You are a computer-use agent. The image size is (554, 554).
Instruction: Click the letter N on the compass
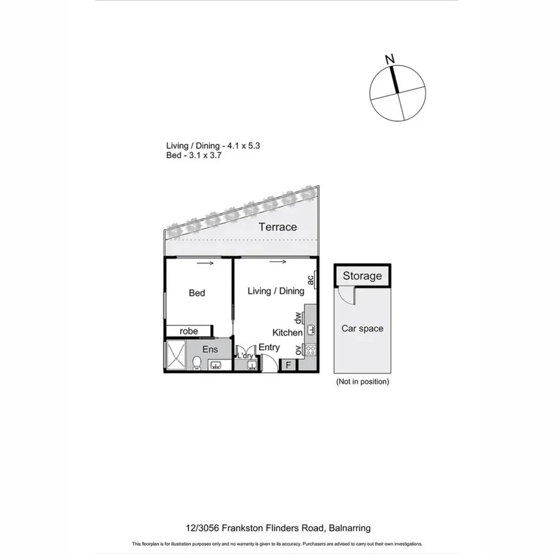click(x=391, y=59)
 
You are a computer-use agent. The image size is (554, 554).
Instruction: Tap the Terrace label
click(x=278, y=227)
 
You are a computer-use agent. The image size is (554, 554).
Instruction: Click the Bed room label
click(x=197, y=293)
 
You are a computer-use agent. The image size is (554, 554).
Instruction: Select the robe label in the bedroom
click(x=189, y=331)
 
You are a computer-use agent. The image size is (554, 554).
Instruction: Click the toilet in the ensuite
click(x=195, y=364)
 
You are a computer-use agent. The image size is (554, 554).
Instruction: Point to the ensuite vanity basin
click(x=216, y=365)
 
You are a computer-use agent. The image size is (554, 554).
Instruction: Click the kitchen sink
click(x=311, y=329)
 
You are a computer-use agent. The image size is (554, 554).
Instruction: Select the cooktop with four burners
click(x=311, y=350)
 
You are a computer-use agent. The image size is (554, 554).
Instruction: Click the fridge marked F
click(x=288, y=365)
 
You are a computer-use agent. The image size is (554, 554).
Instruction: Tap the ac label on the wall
click(x=310, y=280)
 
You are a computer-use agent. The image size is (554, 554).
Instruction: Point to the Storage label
click(x=362, y=276)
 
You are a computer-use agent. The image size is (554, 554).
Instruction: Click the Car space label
click(x=362, y=328)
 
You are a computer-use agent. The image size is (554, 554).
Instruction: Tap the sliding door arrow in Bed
click(x=204, y=264)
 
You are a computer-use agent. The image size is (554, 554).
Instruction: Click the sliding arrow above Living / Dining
click(x=278, y=263)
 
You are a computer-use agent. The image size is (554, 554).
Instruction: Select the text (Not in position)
click(x=362, y=382)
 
